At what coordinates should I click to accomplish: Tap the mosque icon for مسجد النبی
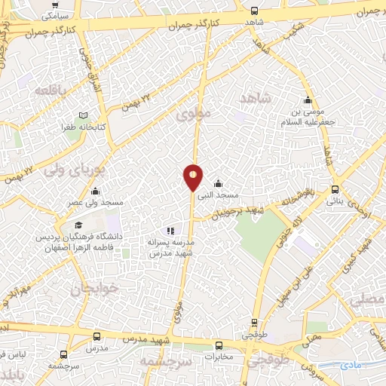coord(219,183)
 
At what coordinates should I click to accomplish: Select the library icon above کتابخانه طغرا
coord(84,117)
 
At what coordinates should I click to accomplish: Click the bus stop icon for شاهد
coord(254,11)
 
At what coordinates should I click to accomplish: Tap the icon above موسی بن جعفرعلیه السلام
coord(308,100)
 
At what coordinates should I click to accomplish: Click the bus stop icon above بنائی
coord(335,190)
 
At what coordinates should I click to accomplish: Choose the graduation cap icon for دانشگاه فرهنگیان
coord(78,225)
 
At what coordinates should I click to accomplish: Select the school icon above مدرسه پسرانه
coord(171,231)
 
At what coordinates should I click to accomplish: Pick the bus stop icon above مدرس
coord(96,336)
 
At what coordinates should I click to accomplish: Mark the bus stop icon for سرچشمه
coord(63,353)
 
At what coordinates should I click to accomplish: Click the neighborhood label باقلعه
coord(51,90)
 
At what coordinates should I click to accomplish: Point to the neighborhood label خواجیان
coord(96,289)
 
